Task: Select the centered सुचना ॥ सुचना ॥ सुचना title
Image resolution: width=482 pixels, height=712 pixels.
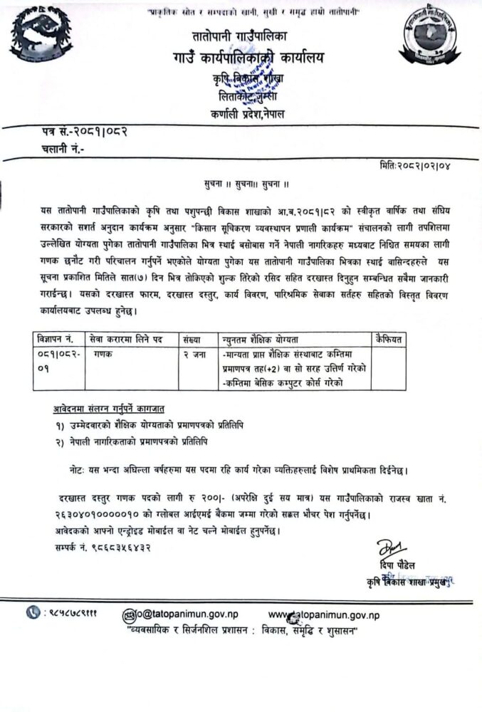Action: point(241,183)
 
